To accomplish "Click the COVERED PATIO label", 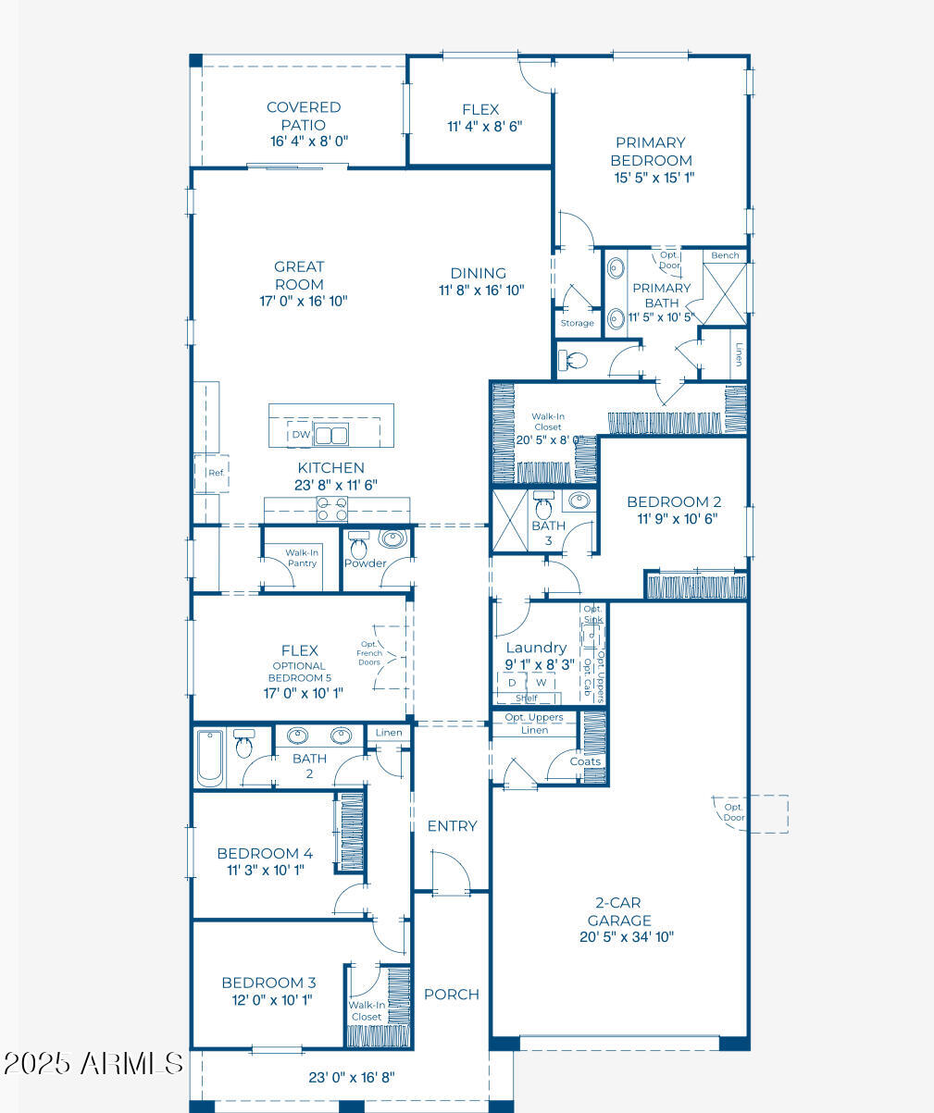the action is point(304,116).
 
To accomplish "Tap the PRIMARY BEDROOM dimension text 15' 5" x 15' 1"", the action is point(654,178).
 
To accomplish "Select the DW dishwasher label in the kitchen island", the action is point(302,435).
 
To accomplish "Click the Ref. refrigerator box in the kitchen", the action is point(212,474).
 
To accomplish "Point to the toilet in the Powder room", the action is point(358,545).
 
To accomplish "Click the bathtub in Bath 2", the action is point(210,758).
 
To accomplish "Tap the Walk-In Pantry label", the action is point(302,558).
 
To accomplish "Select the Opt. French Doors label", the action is point(369,653).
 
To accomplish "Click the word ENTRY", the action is point(452,825).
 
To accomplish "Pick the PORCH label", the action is point(452,995).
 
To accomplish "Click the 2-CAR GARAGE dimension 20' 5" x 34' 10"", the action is point(627,936).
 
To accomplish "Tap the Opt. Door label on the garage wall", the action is point(734,811).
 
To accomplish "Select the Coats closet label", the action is point(585,761).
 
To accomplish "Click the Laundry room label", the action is point(536,648).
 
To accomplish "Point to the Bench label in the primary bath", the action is point(725,255).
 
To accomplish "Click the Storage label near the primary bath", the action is point(577,323).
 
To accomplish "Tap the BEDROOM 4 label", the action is point(265,853).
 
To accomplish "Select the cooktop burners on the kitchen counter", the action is point(331,509).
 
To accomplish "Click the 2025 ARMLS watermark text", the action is point(93,1063).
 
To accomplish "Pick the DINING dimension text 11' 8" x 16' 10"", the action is point(481,290).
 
